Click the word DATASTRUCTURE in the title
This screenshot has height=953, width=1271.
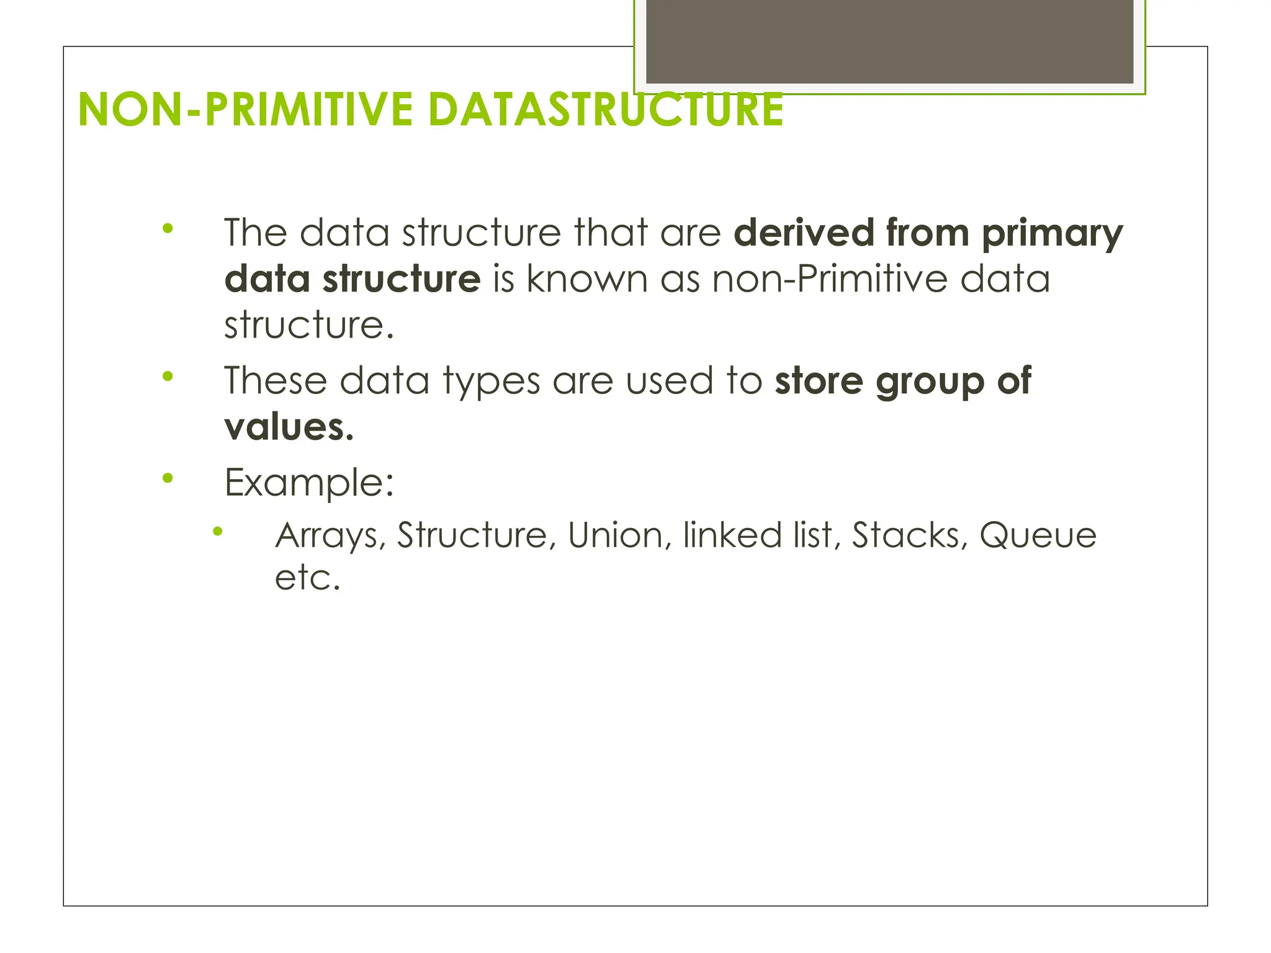click(606, 110)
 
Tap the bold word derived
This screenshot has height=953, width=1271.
click(804, 233)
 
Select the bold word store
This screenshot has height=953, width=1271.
click(819, 380)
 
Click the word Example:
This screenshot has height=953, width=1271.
click(309, 483)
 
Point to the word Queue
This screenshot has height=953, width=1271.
click(1038, 536)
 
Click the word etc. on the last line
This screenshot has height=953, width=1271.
click(307, 578)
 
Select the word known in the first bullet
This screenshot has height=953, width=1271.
click(587, 279)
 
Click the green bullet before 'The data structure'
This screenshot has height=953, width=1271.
click(167, 228)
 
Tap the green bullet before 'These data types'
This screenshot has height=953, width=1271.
click(167, 376)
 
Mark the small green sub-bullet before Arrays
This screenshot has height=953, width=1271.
click(217, 531)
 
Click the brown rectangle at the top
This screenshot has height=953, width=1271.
click(889, 41)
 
